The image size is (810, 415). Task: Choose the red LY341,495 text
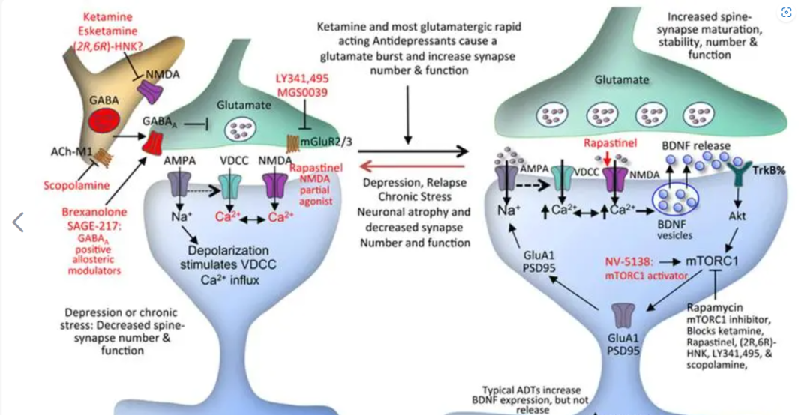pyautogui.click(x=302, y=77)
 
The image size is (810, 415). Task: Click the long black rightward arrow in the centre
pyautogui.click(x=409, y=152)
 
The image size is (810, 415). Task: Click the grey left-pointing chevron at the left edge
pyautogui.click(x=19, y=222)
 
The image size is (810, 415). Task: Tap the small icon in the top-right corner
pyautogui.click(x=786, y=12)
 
